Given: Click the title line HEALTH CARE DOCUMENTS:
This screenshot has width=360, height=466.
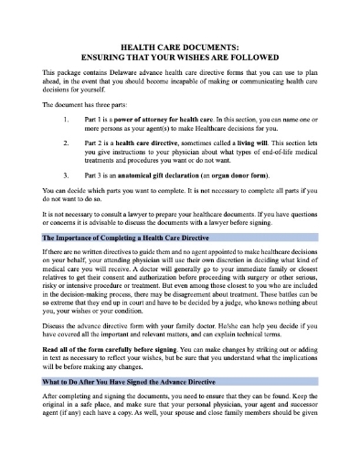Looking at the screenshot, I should [x=179, y=43].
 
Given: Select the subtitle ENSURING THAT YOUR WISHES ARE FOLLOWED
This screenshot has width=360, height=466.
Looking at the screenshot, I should [x=179, y=53].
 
